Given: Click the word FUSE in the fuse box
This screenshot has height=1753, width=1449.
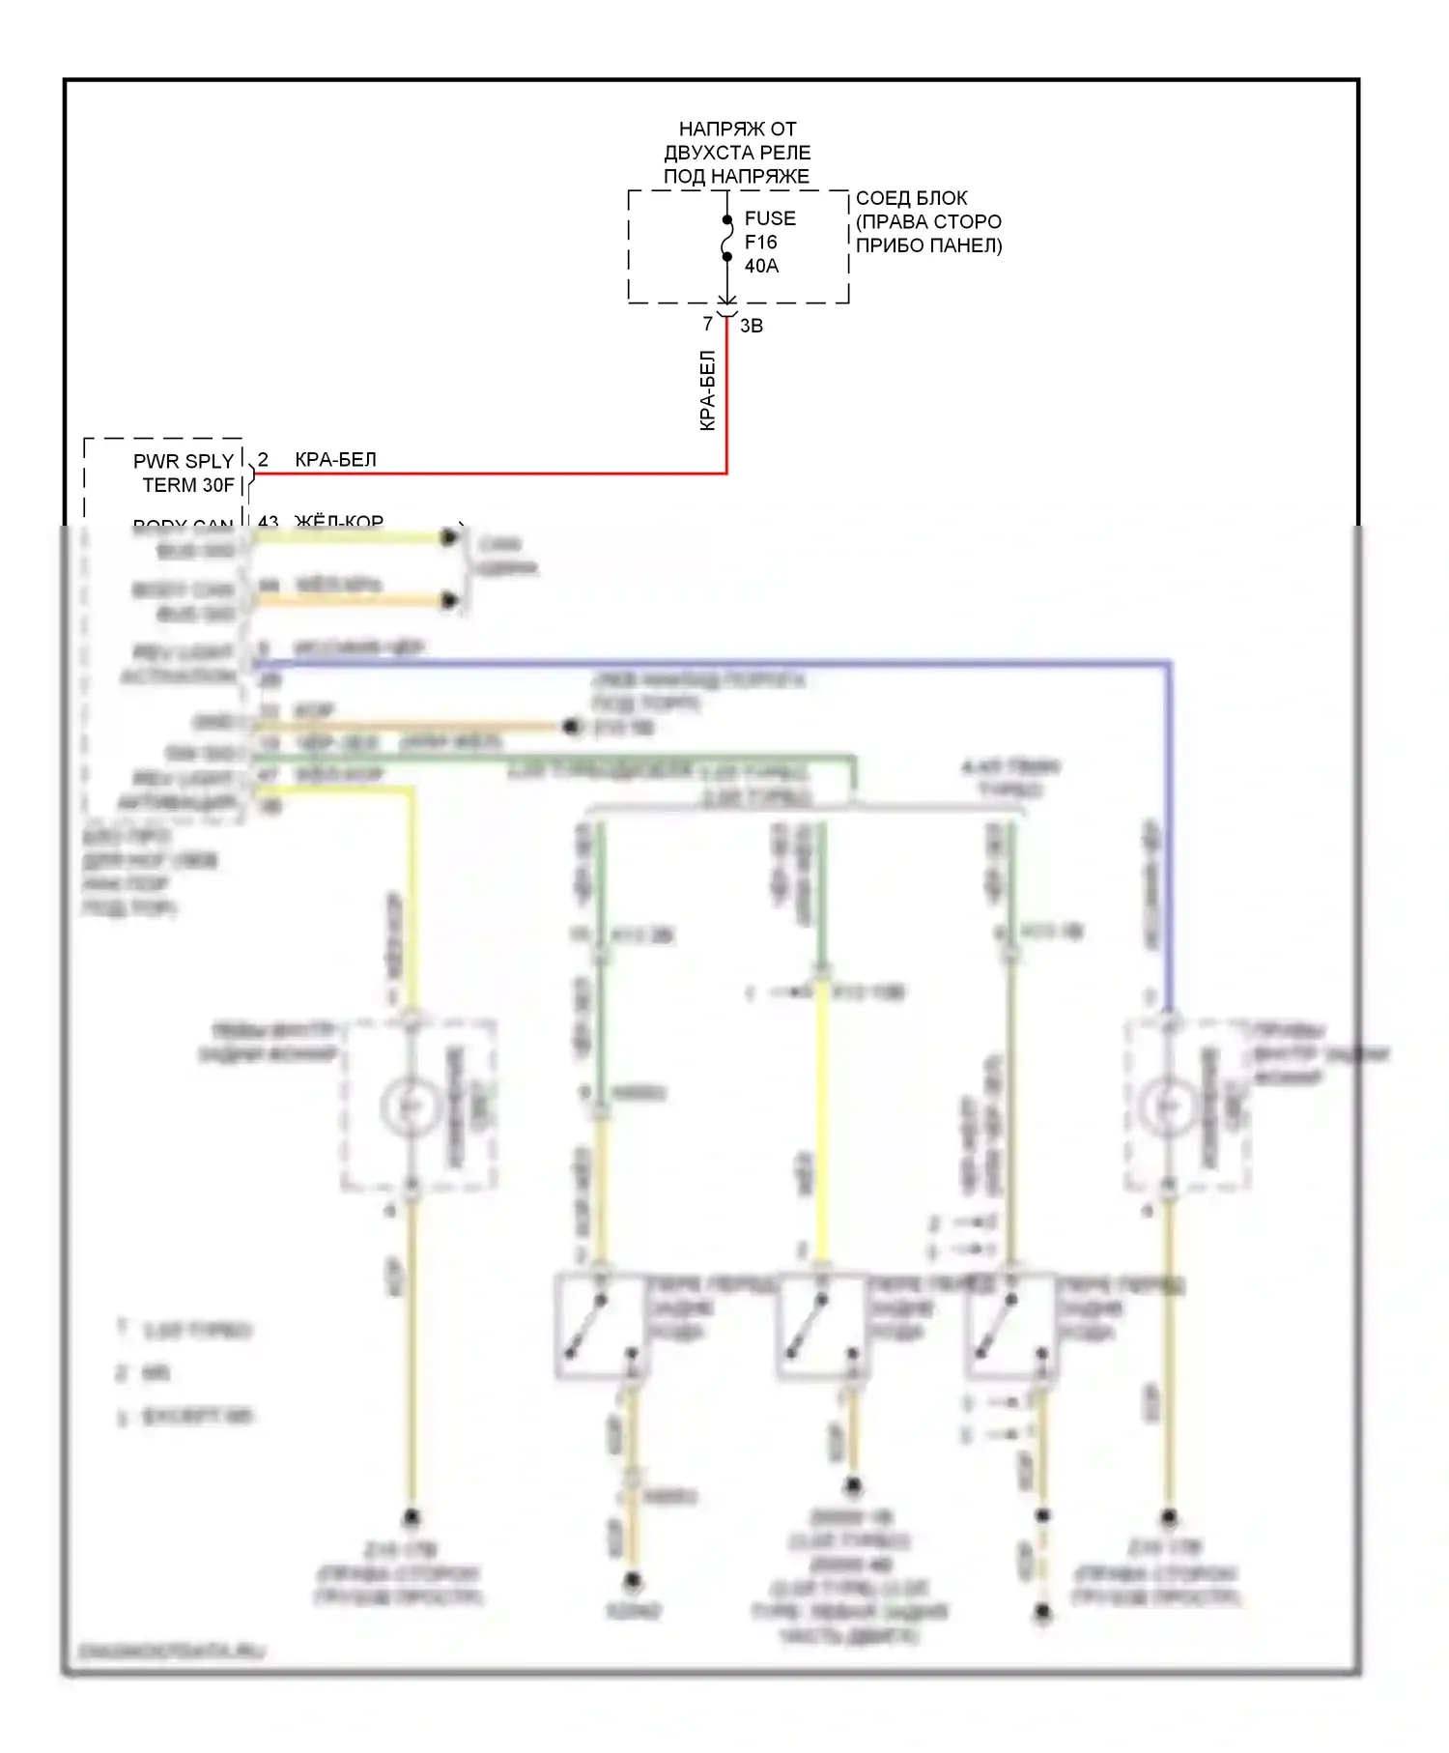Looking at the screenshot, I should (x=770, y=218).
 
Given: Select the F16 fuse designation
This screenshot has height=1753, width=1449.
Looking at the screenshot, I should (x=760, y=243).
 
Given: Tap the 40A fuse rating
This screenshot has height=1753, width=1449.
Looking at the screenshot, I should (x=761, y=266).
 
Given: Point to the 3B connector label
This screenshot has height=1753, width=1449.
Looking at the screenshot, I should (x=752, y=327).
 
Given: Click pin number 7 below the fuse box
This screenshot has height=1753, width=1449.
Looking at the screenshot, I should (x=708, y=325).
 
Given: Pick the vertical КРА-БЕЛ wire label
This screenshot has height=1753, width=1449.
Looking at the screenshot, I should (x=708, y=390).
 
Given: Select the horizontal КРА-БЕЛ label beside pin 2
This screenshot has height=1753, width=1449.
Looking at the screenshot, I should (x=335, y=460).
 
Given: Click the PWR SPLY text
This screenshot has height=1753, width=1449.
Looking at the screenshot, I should (x=184, y=462).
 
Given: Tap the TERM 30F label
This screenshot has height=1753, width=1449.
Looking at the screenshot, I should (x=188, y=485).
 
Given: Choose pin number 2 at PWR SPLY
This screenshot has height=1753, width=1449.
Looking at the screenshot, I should (x=263, y=460).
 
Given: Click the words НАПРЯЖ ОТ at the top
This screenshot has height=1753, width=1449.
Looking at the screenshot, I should (x=737, y=129).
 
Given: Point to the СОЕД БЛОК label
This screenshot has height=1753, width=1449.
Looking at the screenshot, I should (x=911, y=198).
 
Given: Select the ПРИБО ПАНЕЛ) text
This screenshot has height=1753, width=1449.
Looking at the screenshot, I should (x=928, y=245).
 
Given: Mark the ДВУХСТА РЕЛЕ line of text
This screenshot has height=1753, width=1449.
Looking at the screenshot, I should (x=737, y=153).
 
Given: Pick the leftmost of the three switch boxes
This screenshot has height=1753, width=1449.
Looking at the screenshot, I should (x=600, y=1325).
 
